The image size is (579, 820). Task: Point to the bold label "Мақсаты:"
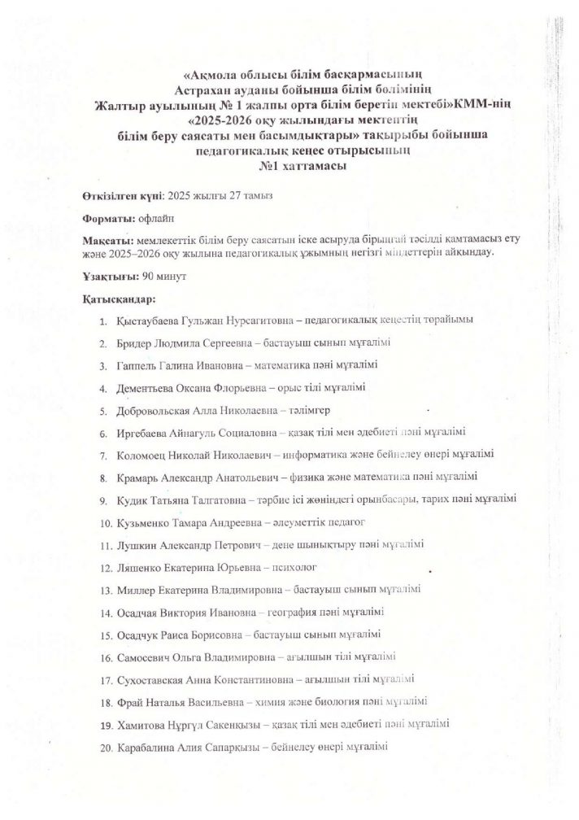108,242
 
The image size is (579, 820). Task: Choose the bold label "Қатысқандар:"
119,299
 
